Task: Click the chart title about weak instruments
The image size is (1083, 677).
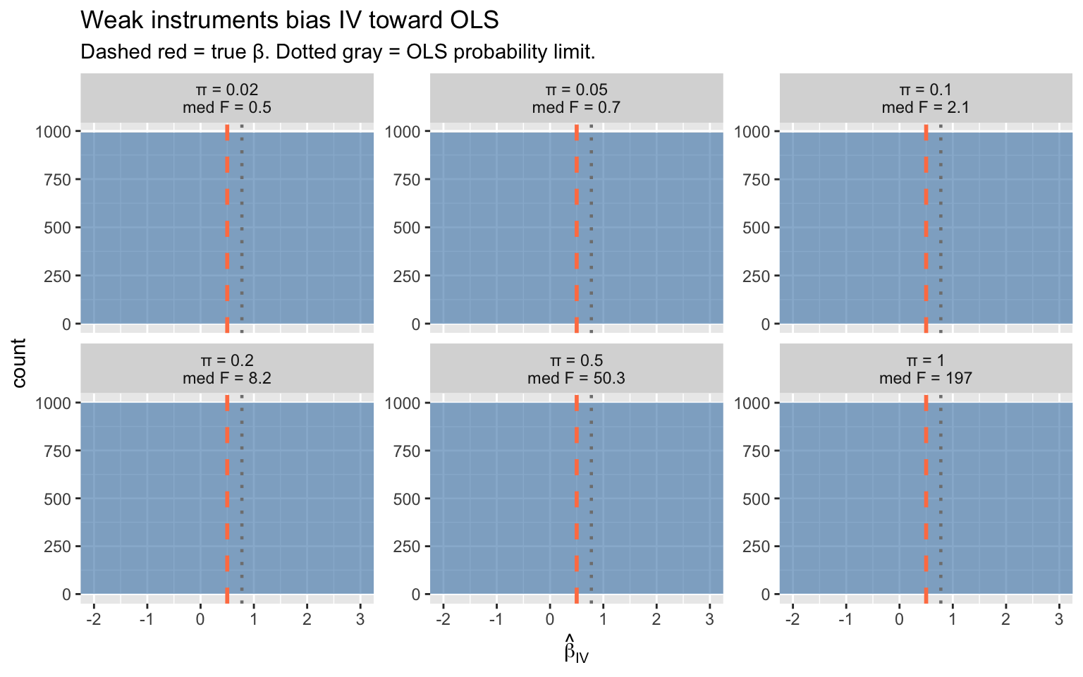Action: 290,20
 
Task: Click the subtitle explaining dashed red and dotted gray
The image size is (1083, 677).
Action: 338,52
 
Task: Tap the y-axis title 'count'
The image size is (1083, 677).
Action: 19,362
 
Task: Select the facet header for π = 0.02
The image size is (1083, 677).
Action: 226,99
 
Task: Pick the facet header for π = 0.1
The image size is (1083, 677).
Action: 926,99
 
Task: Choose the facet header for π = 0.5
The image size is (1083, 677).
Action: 576,370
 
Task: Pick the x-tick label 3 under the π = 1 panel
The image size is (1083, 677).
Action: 1058,620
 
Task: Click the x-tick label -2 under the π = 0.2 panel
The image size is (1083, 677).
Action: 92,620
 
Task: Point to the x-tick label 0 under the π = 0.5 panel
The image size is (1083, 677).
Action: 549,620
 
